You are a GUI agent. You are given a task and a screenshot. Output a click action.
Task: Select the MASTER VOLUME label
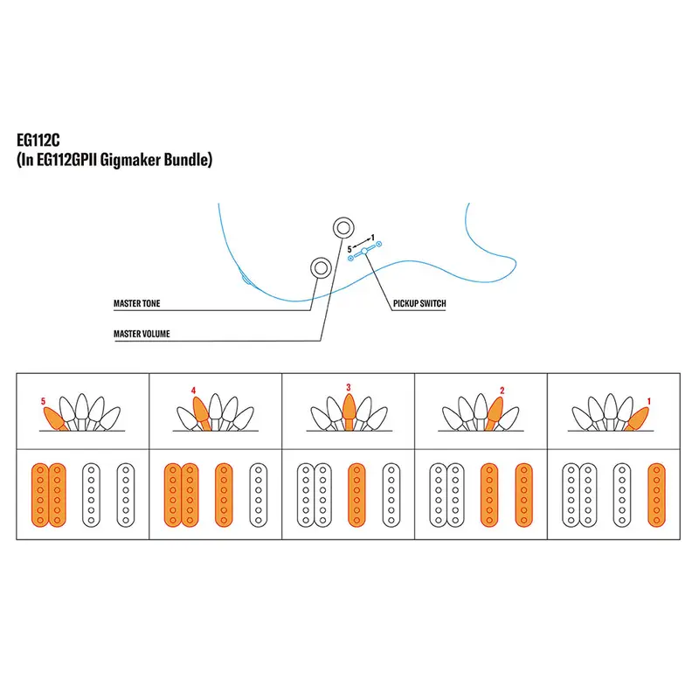pos(142,334)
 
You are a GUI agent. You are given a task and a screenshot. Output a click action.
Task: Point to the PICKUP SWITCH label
pos(419,304)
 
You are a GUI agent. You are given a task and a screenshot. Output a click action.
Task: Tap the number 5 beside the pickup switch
pos(350,249)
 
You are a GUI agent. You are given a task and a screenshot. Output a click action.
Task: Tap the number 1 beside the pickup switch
pos(373,238)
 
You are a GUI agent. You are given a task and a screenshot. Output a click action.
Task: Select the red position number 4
pos(193,390)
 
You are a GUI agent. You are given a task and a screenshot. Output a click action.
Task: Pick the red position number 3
pos(348,386)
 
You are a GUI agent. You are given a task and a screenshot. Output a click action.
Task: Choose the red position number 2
pos(502,390)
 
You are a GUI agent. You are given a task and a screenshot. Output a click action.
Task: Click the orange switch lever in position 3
pos(348,412)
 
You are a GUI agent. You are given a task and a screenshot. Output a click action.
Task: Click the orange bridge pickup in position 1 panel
pos(655,495)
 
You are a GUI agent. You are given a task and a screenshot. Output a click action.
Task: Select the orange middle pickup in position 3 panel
pos(356,495)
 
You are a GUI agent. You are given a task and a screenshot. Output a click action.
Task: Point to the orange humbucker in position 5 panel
pos(48,495)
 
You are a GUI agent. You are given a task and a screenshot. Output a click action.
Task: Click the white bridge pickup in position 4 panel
pos(258,495)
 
